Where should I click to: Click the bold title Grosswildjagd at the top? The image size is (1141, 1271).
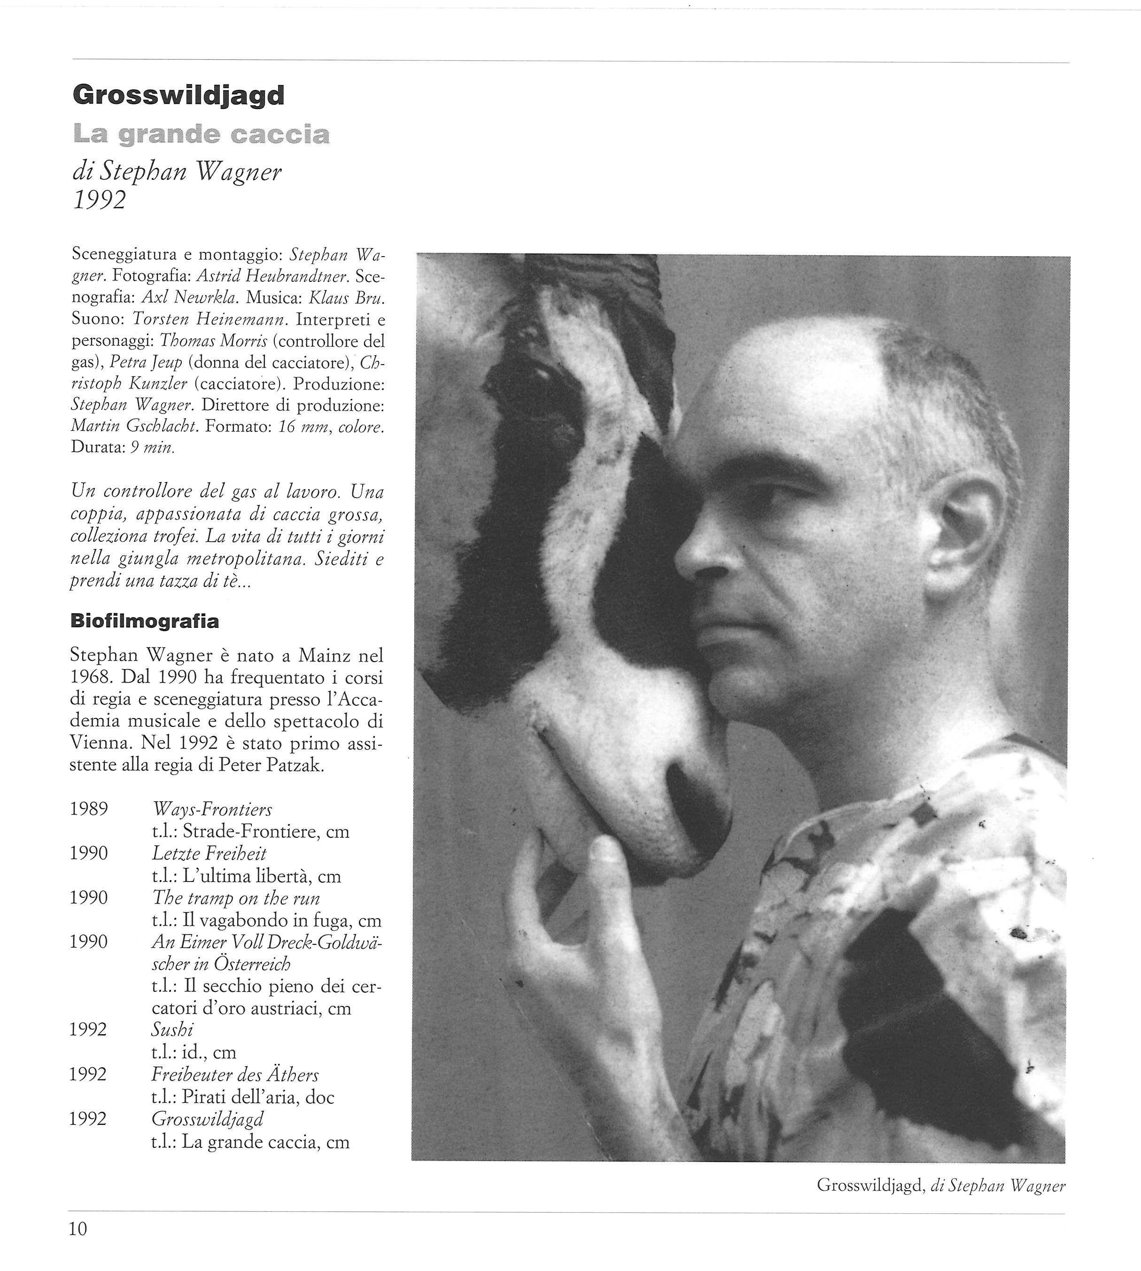[x=179, y=96]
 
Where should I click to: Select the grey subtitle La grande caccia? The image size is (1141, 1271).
[x=201, y=135]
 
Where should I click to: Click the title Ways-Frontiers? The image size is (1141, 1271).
[x=212, y=810]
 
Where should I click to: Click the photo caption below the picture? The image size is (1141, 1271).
[x=941, y=1186]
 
